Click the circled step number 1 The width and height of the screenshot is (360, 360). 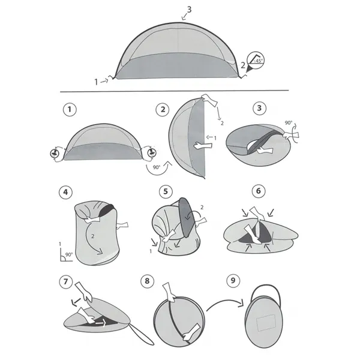coord(71,109)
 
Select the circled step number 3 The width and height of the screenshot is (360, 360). coord(259,109)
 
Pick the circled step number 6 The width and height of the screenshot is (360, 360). coord(259,193)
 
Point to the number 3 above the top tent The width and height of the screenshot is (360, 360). coord(190,9)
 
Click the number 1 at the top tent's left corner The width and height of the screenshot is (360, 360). coord(96,80)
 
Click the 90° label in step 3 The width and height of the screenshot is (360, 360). coord(289,123)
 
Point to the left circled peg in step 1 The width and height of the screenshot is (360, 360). coord(55,154)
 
